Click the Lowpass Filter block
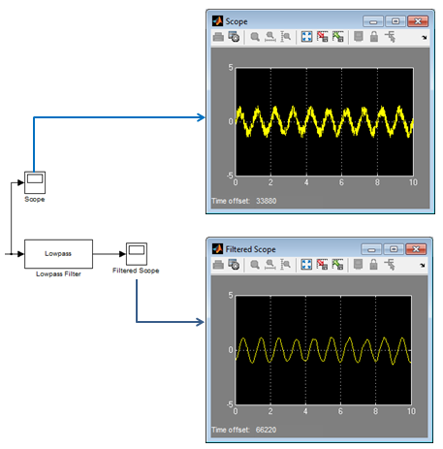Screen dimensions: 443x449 pyautogui.click(x=58, y=254)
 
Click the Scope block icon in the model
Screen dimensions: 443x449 pyautogui.click(x=35, y=182)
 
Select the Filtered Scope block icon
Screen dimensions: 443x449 pyautogui.click(x=137, y=254)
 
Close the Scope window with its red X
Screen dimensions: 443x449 pyautogui.click(x=418, y=21)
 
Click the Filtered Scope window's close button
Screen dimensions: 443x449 pyautogui.click(x=416, y=249)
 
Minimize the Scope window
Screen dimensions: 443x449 pyautogui.click(x=373, y=21)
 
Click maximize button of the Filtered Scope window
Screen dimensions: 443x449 pyautogui.click(x=394, y=249)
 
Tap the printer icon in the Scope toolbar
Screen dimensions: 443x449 pyautogui.click(x=218, y=37)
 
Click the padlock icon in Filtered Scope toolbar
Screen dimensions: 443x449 pyautogui.click(x=373, y=265)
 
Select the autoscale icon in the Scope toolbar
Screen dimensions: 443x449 pyautogui.click(x=306, y=37)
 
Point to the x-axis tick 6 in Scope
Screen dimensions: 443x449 pyautogui.click(x=341, y=182)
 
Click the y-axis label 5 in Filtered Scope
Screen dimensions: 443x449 pyautogui.click(x=231, y=295)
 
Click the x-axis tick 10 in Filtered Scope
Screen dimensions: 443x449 pyautogui.click(x=411, y=411)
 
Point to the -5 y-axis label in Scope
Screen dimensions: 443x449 pyautogui.click(x=230, y=176)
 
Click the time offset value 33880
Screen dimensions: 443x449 pyautogui.click(x=267, y=201)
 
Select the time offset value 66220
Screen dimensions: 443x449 pyautogui.click(x=266, y=430)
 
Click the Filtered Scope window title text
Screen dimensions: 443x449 pyautogui.click(x=250, y=249)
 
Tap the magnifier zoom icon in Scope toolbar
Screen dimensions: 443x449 pyautogui.click(x=255, y=37)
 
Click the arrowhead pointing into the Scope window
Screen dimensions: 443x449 pyautogui.click(x=202, y=117)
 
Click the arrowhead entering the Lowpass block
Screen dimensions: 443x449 pyautogui.click(x=21, y=254)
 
